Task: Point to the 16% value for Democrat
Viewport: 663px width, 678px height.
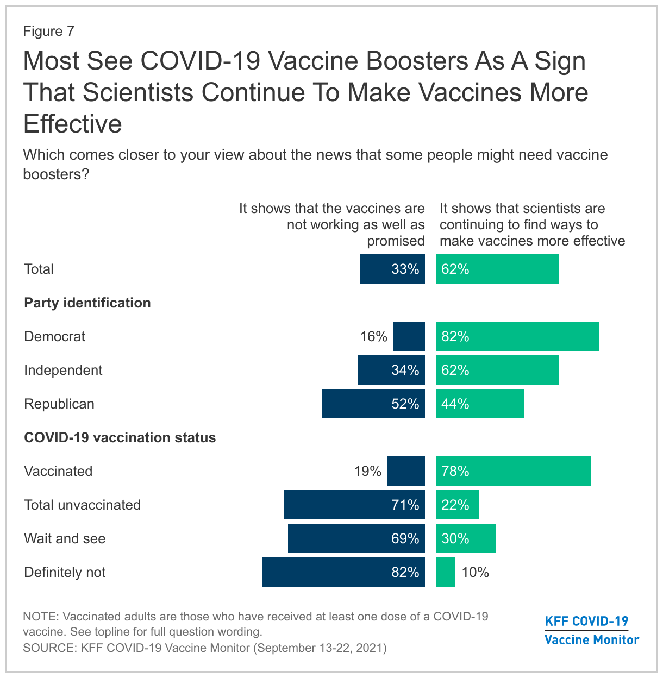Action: pyautogui.click(x=373, y=336)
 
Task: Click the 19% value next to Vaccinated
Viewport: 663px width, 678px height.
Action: pyautogui.click(x=368, y=471)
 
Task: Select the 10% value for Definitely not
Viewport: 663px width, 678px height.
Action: pyautogui.click(x=476, y=572)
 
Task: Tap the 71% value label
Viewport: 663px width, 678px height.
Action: pyautogui.click(x=405, y=505)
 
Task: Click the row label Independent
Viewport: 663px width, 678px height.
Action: pyautogui.click(x=63, y=370)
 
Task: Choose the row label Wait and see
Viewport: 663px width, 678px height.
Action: pyautogui.click(x=65, y=538)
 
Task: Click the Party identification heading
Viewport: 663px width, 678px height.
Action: pyautogui.click(x=87, y=303)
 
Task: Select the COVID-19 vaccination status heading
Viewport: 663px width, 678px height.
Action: pyautogui.click(x=120, y=437)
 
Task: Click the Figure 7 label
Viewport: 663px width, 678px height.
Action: pyautogui.click(x=48, y=31)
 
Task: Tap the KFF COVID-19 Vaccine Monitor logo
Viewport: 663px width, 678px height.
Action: pyautogui.click(x=591, y=630)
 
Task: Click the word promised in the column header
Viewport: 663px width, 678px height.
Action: pyautogui.click(x=396, y=241)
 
